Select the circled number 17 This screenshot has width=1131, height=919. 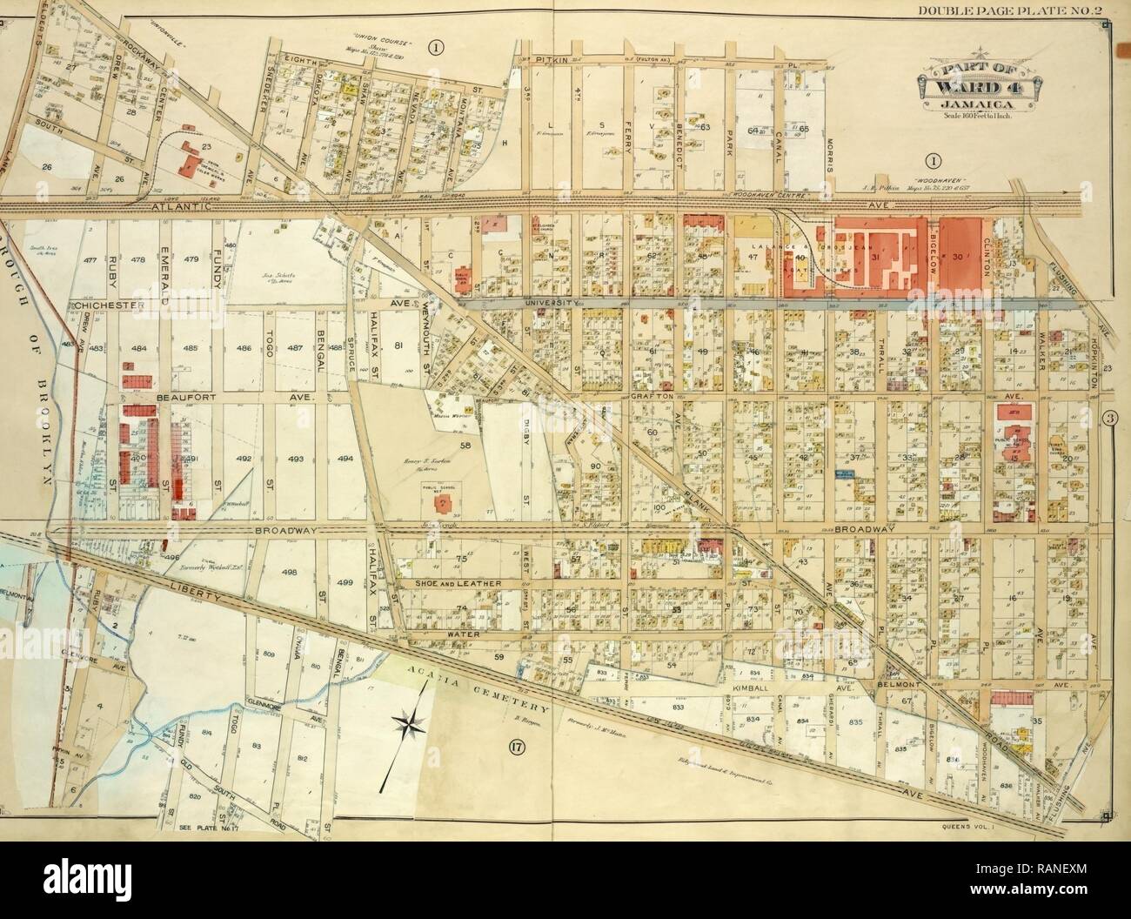pos(517,745)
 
